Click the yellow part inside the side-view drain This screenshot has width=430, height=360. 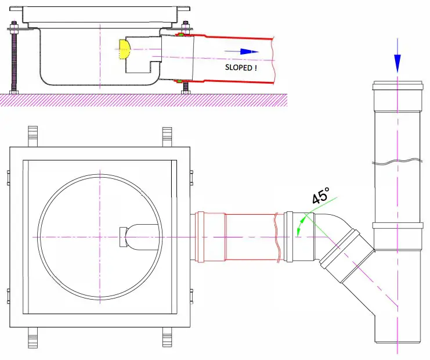coord(124,49)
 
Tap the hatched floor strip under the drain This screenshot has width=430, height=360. coord(145,99)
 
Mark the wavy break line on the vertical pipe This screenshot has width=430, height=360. coord(397,161)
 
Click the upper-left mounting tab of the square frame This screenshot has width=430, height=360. coord(34,137)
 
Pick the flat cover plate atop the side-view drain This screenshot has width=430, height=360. coord(104,13)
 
